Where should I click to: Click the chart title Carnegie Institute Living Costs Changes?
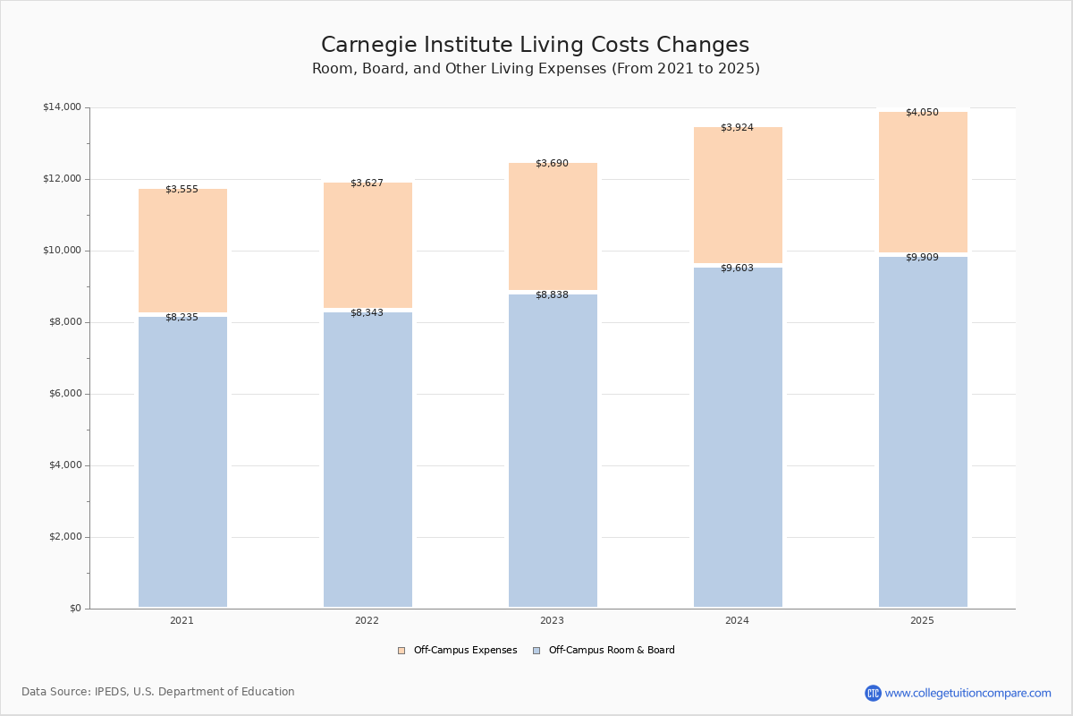[535, 46]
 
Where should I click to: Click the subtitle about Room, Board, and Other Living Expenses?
[536, 69]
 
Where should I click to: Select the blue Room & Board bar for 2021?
[182, 461]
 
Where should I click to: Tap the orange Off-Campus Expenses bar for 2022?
[368, 246]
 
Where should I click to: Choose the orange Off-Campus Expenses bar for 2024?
[738, 197]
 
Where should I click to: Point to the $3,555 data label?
[182, 190]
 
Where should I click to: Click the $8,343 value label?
[367, 313]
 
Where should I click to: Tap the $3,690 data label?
[552, 164]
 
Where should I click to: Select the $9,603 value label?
[737, 268]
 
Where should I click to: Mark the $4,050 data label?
[922, 113]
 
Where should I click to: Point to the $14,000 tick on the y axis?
[62, 107]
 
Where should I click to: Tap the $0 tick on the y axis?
[75, 609]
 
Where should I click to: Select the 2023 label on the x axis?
[552, 621]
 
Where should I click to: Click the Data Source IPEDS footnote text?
[158, 692]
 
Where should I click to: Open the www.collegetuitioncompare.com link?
[967, 693]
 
